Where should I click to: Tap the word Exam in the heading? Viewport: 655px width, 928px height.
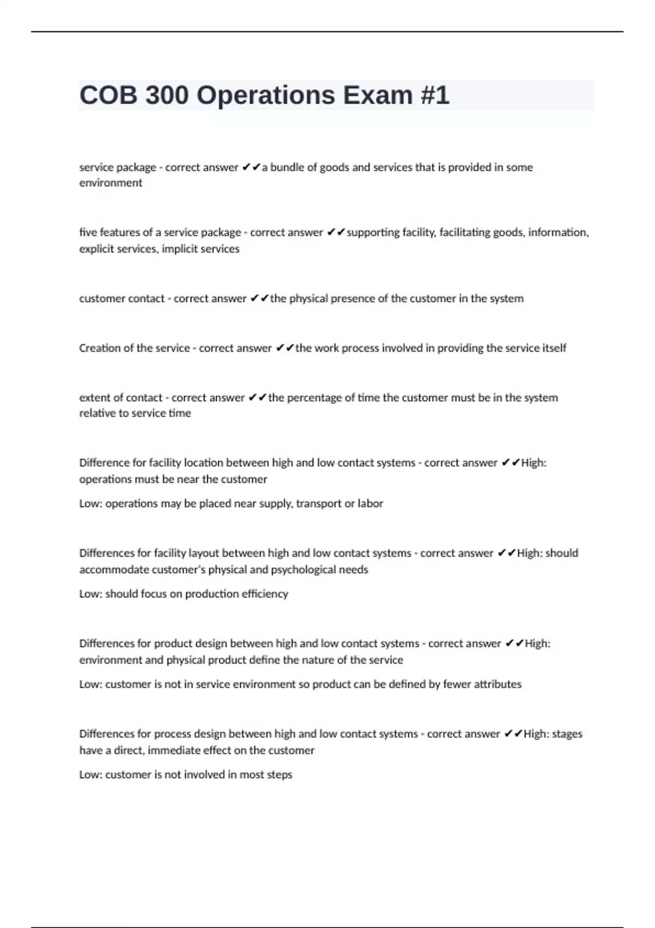coord(378,96)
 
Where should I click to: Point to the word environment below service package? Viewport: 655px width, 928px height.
coord(110,183)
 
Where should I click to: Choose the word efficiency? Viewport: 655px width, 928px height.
coord(267,594)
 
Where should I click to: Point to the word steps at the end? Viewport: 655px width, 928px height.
coord(280,775)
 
